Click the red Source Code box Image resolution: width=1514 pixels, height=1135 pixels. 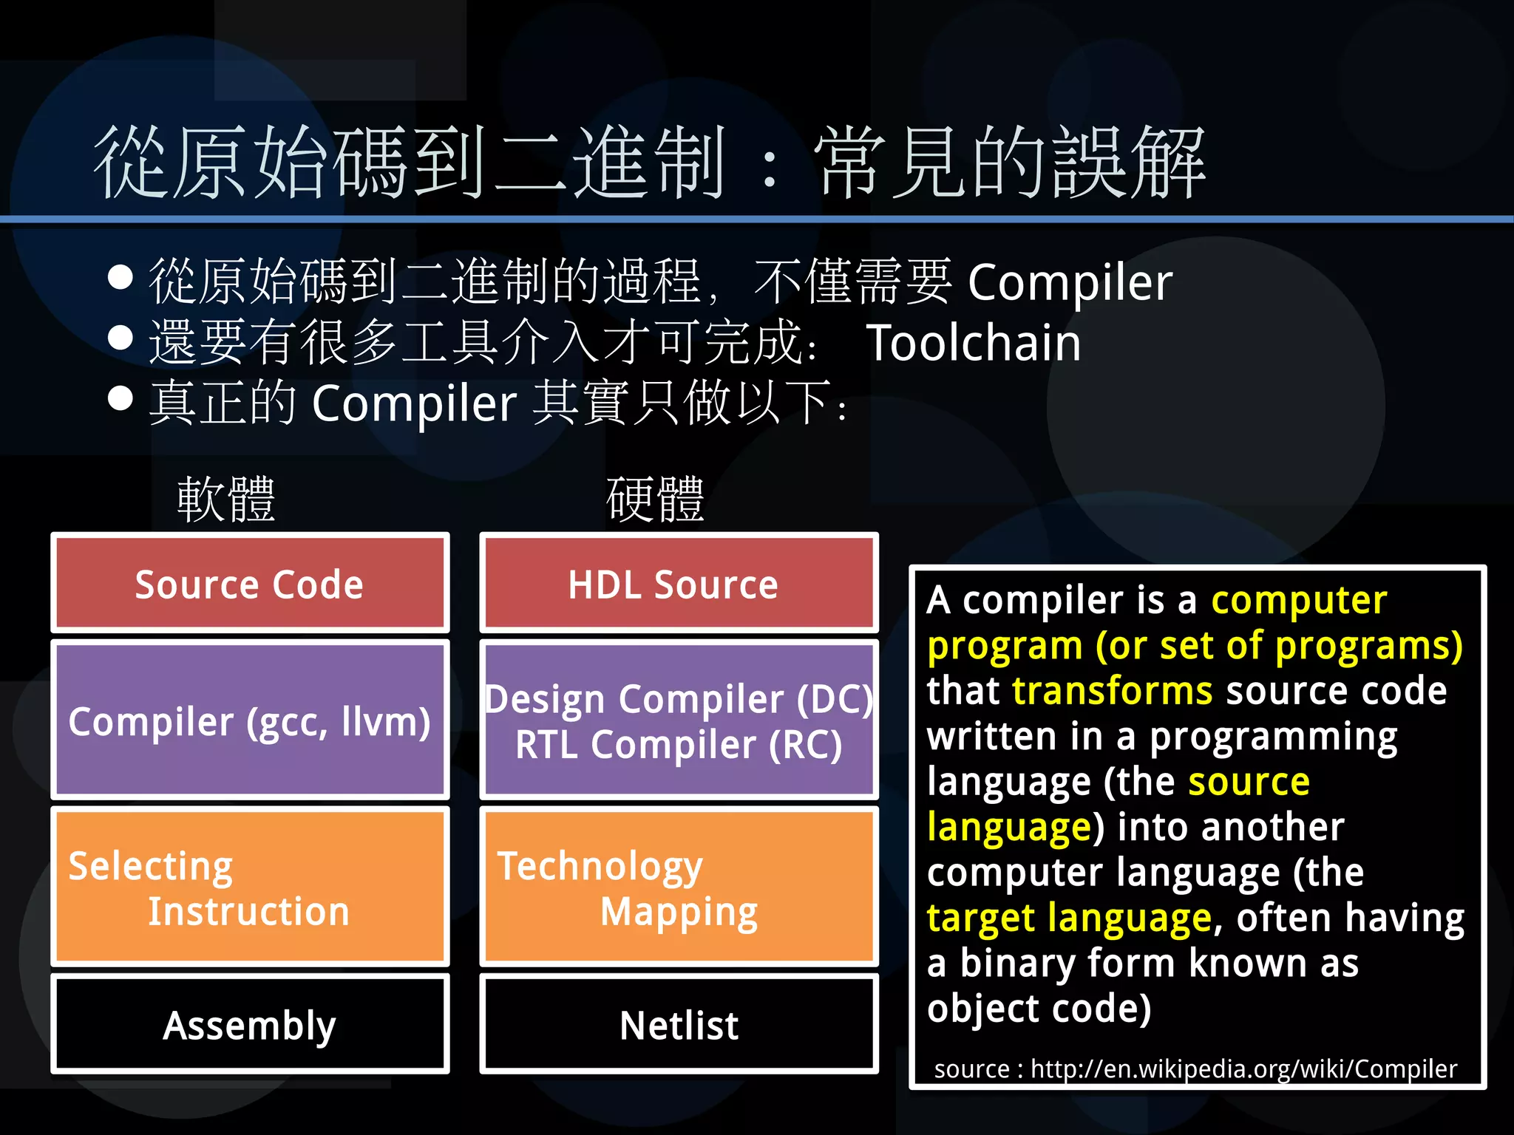[250, 584]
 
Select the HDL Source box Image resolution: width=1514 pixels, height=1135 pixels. [679, 584]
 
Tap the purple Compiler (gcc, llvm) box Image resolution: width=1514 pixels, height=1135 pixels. [250, 721]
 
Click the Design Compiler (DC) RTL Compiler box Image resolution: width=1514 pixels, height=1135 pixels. [679, 721]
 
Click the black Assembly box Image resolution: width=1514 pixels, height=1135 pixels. [250, 1025]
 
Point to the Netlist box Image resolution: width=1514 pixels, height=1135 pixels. [679, 1025]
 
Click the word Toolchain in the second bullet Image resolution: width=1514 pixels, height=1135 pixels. [973, 344]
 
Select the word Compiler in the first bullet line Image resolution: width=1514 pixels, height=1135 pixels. [1070, 283]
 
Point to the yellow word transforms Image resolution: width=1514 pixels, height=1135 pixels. [1112, 691]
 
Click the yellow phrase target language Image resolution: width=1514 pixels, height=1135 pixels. [1069, 918]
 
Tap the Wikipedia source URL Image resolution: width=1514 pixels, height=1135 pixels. [1243, 1069]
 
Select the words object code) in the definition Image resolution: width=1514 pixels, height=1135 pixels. [1039, 1009]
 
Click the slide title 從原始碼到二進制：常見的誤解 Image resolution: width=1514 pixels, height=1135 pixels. [649, 163]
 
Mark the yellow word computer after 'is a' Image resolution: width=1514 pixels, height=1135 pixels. [1299, 600]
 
